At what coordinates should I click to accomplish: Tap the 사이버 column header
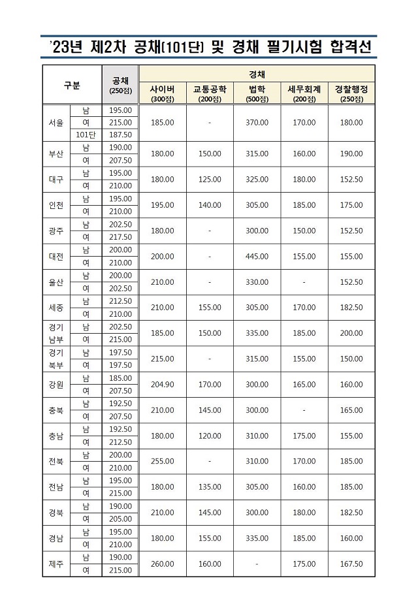pyautogui.click(x=162, y=89)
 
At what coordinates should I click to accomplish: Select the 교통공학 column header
pyautogui.click(x=210, y=89)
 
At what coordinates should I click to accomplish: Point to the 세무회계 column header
pyautogui.click(x=304, y=89)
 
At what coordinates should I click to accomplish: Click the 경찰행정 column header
pyautogui.click(x=351, y=89)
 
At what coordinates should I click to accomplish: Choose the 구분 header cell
pyautogui.click(x=72, y=85)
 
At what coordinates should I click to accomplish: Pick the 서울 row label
pyautogui.click(x=56, y=123)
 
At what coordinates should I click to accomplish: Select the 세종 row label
pyautogui.click(x=56, y=308)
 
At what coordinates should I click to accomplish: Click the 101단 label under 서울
pyautogui.click(x=86, y=135)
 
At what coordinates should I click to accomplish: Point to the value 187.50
pyautogui.click(x=120, y=135)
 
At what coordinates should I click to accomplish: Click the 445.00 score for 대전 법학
pyautogui.click(x=257, y=257)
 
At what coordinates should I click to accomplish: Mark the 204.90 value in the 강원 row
pyautogui.click(x=162, y=385)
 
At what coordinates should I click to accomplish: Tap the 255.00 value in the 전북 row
pyautogui.click(x=162, y=462)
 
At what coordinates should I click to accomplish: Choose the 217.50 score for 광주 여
pyautogui.click(x=120, y=237)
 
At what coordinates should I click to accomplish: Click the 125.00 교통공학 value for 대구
pyautogui.click(x=210, y=180)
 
